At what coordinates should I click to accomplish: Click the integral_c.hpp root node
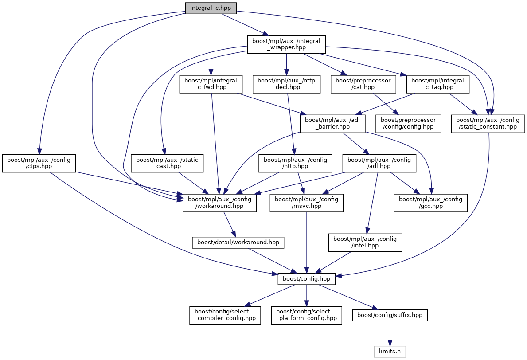[x=211, y=8]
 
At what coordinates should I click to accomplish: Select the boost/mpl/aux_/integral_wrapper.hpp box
[x=286, y=44]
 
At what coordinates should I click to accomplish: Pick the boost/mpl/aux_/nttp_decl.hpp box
[x=286, y=84]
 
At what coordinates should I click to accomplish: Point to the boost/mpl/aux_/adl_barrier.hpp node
[x=332, y=123]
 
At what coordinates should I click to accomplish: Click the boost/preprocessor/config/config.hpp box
[x=409, y=123]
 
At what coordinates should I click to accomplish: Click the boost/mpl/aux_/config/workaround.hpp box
[x=220, y=203]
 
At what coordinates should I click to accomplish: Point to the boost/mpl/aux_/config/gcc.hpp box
[x=431, y=203]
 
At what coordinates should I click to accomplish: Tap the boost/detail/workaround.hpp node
[x=238, y=243]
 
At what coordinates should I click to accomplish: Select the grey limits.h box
[x=389, y=352]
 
